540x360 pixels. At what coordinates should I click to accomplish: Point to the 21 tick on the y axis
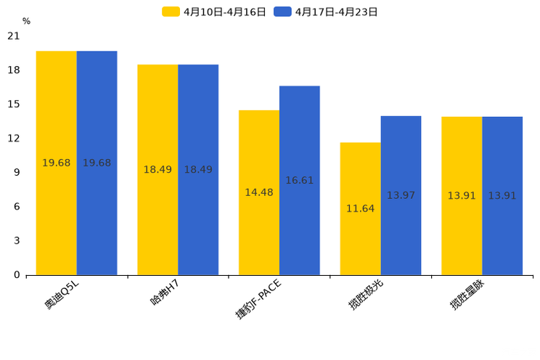click(x=14, y=36)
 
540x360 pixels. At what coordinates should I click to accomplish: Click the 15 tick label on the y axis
click(x=14, y=105)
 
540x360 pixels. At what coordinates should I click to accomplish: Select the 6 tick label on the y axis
click(x=17, y=207)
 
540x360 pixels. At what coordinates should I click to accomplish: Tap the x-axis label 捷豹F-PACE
click(x=258, y=298)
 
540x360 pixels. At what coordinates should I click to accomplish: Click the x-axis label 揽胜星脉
click(x=467, y=295)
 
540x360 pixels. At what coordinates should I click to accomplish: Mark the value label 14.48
click(x=259, y=192)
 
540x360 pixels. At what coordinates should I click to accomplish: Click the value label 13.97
click(x=401, y=195)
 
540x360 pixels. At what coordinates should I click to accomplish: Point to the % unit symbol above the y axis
click(x=26, y=22)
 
